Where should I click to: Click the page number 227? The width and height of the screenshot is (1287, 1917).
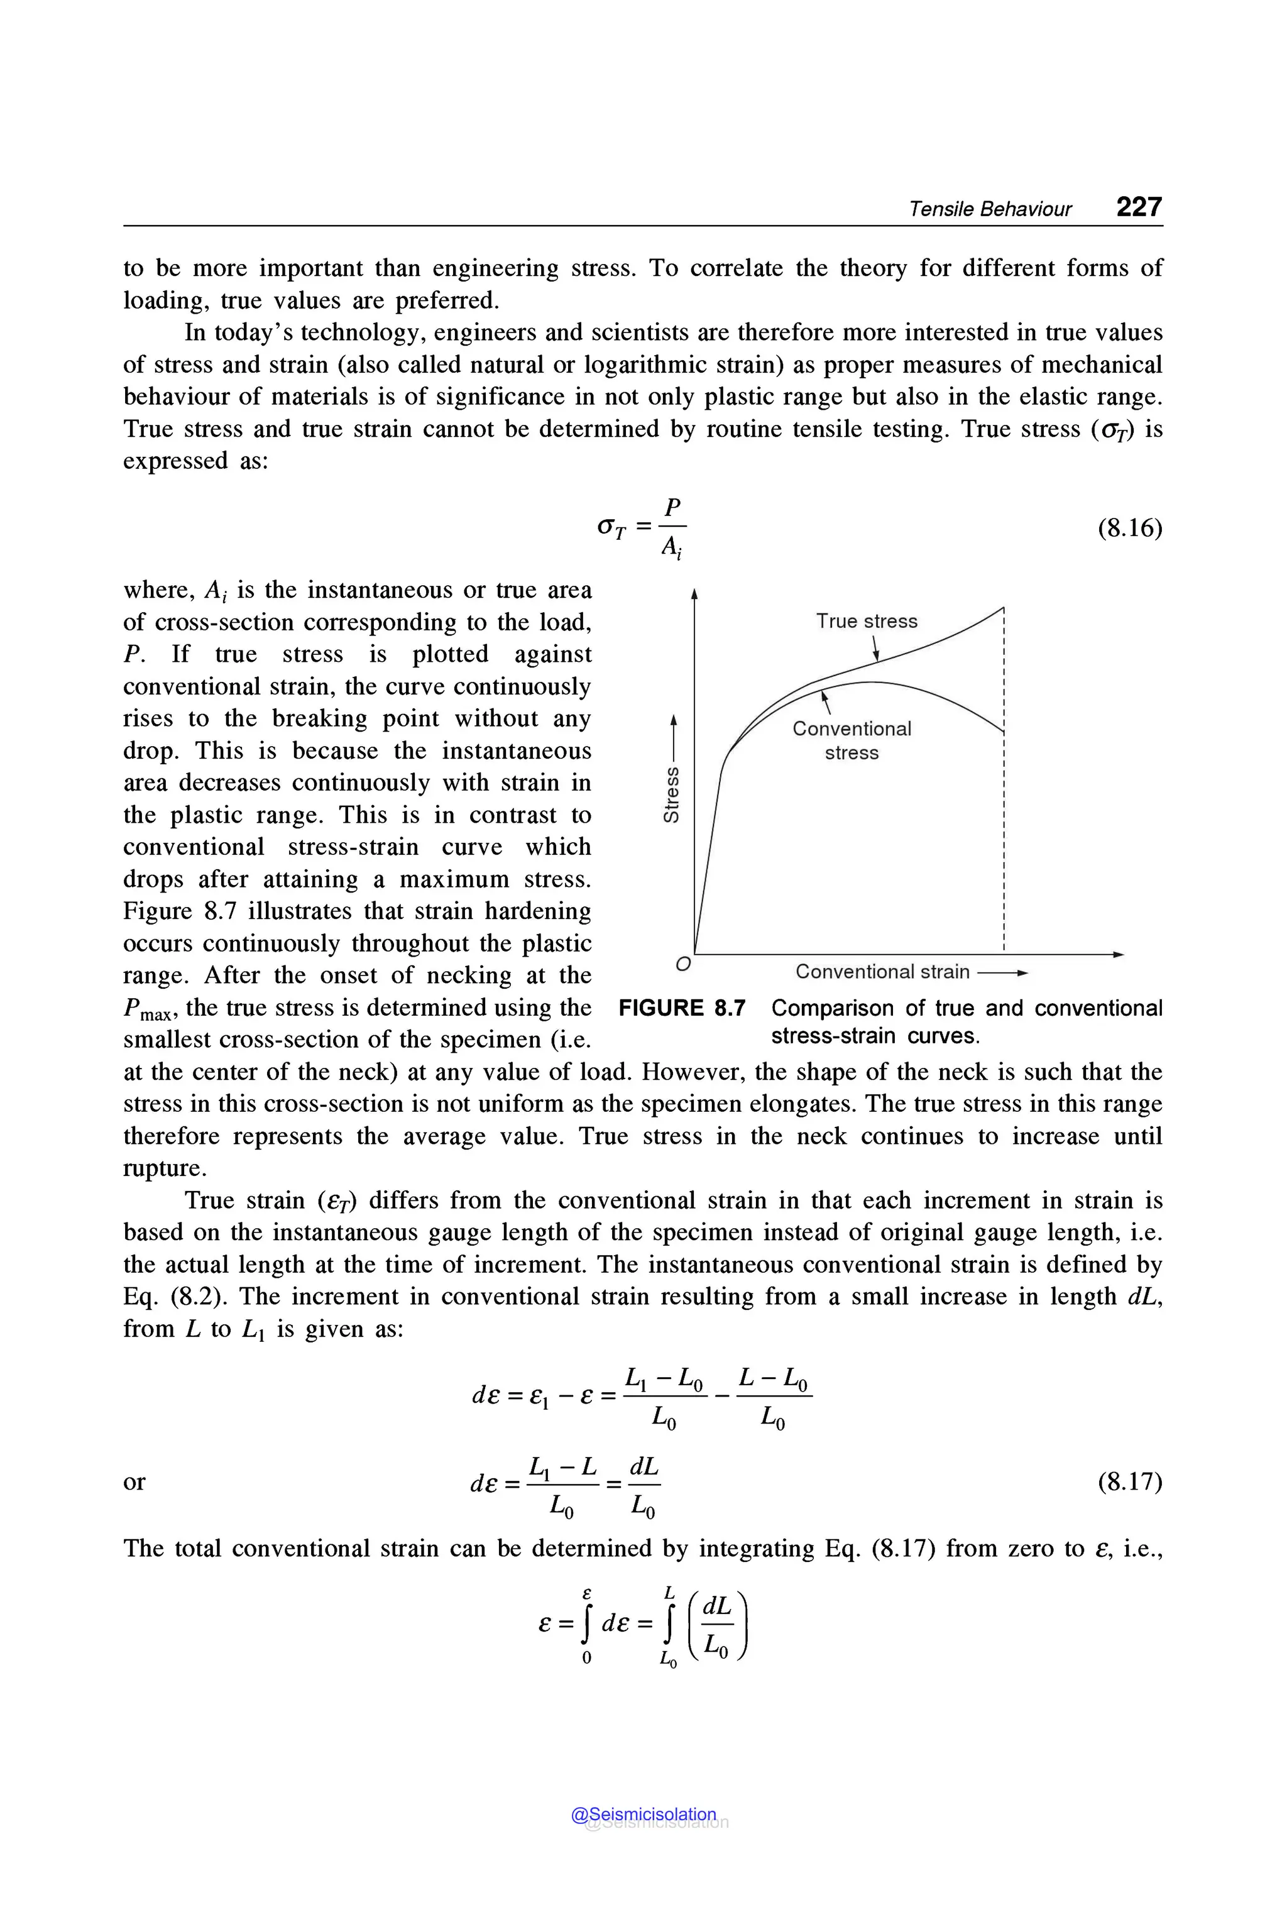[1139, 206]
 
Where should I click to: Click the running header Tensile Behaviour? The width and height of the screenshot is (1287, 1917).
[989, 209]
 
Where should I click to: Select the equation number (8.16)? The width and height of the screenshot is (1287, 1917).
[1129, 528]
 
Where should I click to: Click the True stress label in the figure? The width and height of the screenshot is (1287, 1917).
[866, 622]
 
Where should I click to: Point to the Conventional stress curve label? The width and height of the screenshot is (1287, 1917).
[851, 740]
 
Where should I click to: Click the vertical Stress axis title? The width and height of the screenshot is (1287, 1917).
[671, 794]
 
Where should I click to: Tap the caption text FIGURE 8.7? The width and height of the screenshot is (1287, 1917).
[681, 1008]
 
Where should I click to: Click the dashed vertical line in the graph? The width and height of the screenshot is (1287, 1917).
[1004, 821]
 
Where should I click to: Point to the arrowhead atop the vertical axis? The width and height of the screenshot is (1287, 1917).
[694, 593]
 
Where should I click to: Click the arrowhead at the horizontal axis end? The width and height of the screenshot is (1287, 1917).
[1118, 954]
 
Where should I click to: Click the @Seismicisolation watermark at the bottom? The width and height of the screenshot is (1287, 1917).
[643, 1815]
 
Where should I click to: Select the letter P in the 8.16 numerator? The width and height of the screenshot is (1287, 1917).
[673, 507]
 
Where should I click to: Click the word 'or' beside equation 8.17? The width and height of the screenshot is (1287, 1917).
[134, 1482]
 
